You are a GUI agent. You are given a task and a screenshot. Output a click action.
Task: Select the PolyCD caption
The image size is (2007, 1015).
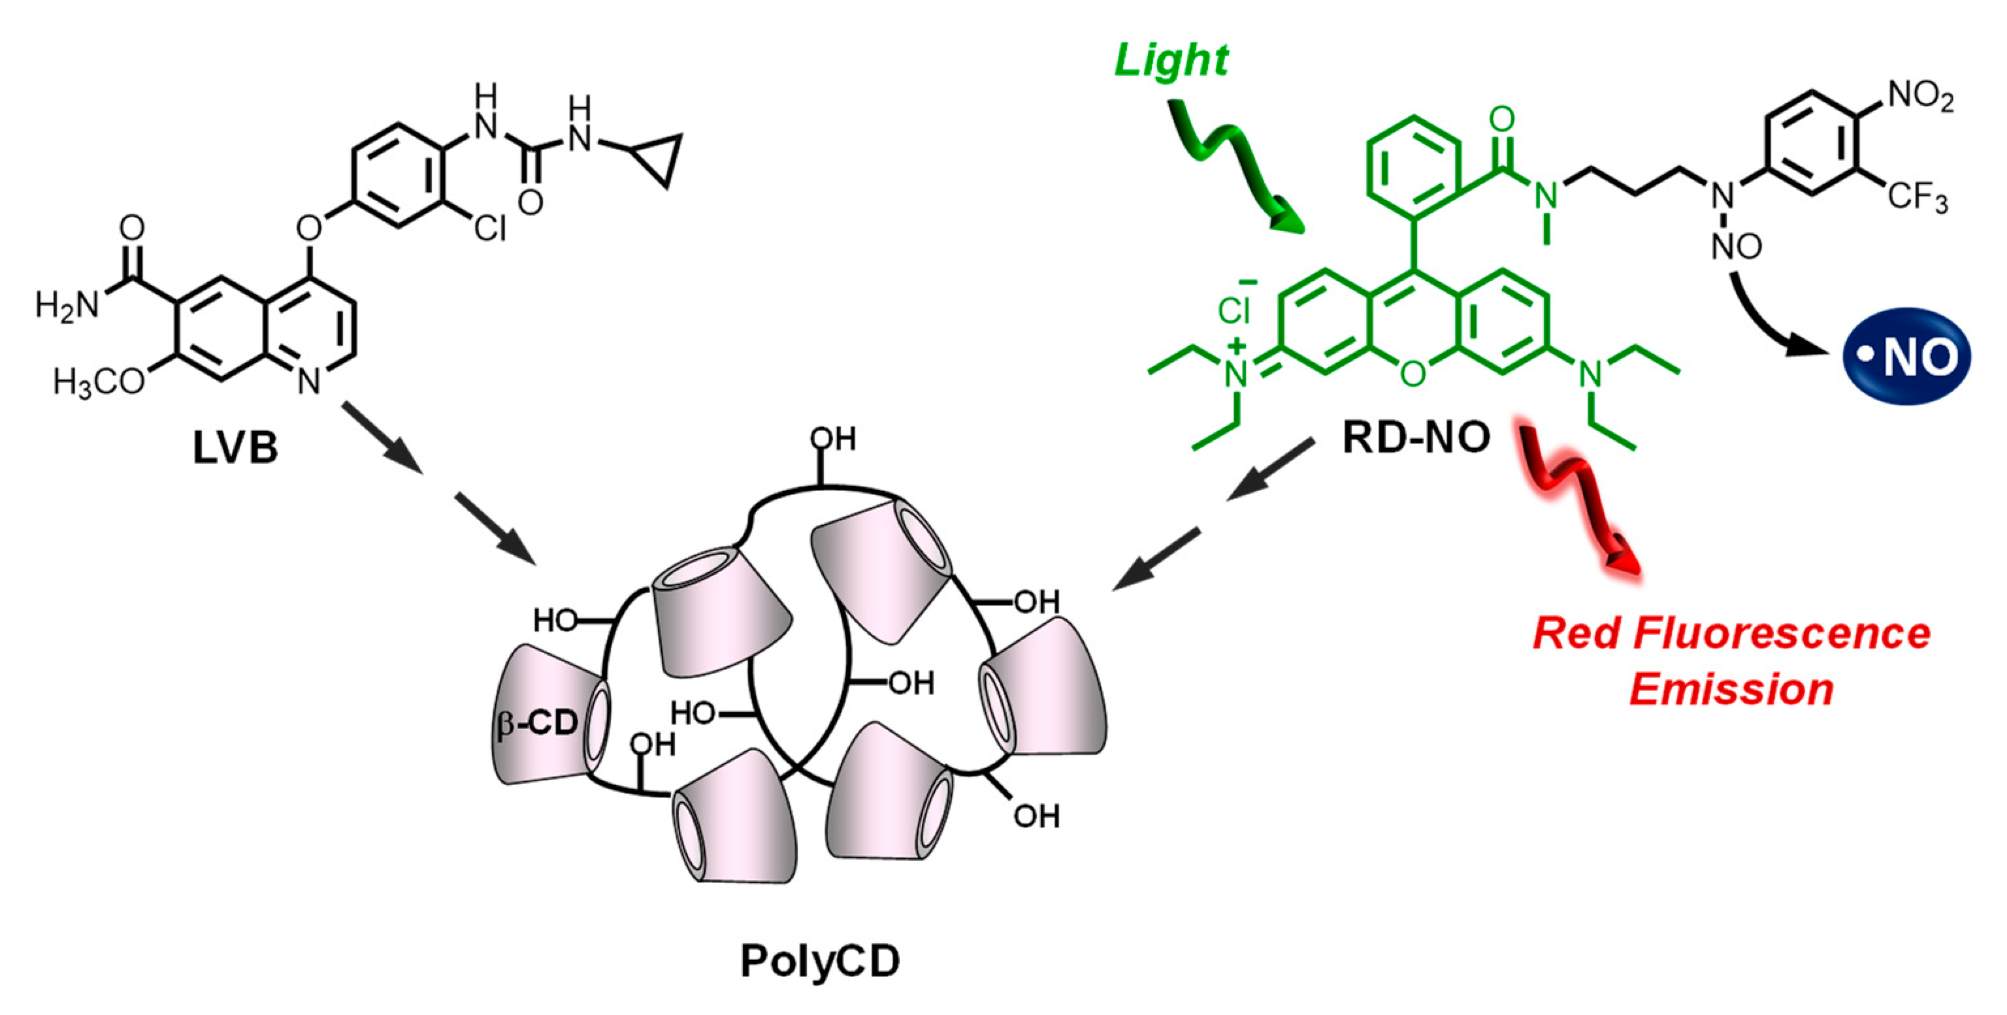820,961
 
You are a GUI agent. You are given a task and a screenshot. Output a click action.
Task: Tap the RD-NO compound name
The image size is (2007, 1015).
1416,438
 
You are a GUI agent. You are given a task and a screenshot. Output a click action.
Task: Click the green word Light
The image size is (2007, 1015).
1170,60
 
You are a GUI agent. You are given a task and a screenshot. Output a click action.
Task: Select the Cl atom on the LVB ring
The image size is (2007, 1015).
489,228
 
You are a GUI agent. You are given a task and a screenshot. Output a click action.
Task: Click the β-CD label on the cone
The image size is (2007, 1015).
538,724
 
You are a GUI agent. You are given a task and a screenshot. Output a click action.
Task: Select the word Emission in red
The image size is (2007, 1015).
1731,689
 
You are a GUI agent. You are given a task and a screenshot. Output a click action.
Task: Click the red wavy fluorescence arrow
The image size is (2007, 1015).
1578,498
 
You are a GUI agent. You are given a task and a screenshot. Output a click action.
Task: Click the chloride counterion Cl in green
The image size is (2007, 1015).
1234,311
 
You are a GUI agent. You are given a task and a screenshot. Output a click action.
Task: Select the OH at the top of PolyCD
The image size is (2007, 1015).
832,440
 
